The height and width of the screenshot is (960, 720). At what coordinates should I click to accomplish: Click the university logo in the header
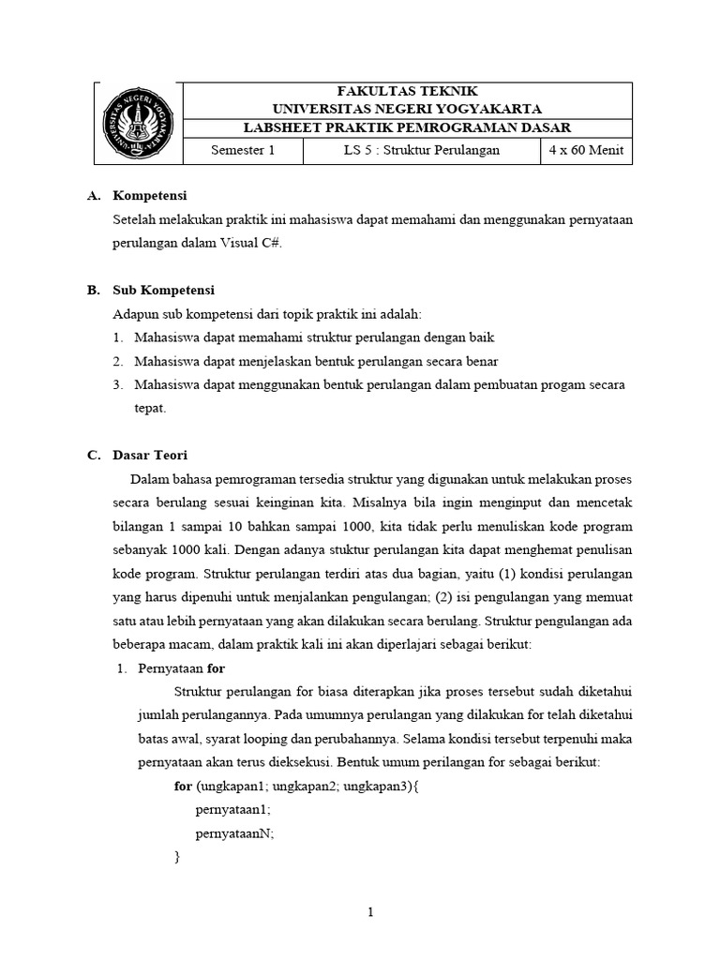pyautogui.click(x=136, y=123)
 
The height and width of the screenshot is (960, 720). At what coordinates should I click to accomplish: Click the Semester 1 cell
pyautogui.click(x=242, y=151)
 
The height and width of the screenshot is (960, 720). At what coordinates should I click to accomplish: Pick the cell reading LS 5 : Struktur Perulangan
pyautogui.click(x=421, y=151)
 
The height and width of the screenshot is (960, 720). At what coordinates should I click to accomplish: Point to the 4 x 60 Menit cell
pyautogui.click(x=586, y=151)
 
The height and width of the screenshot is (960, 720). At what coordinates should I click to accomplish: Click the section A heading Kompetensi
pyautogui.click(x=150, y=196)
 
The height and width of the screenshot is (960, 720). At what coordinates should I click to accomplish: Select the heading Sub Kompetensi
pyautogui.click(x=163, y=290)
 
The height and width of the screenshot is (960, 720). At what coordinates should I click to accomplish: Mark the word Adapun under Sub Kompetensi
pyautogui.click(x=135, y=313)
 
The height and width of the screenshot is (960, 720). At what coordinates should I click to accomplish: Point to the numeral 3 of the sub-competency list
pyautogui.click(x=117, y=384)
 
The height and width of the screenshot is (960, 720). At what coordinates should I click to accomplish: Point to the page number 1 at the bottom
pyautogui.click(x=371, y=913)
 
